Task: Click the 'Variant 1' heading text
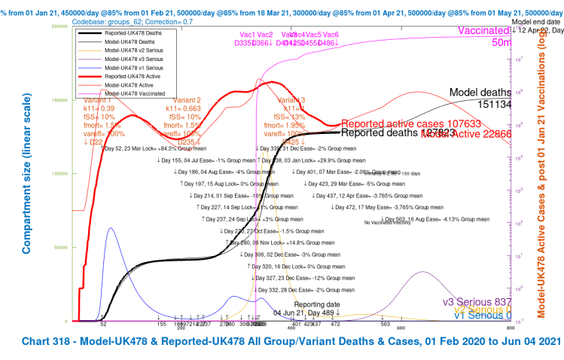pos(98,100)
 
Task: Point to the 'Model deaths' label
pos(480,93)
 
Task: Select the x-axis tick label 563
pos(385,325)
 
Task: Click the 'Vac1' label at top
pos(247,35)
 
